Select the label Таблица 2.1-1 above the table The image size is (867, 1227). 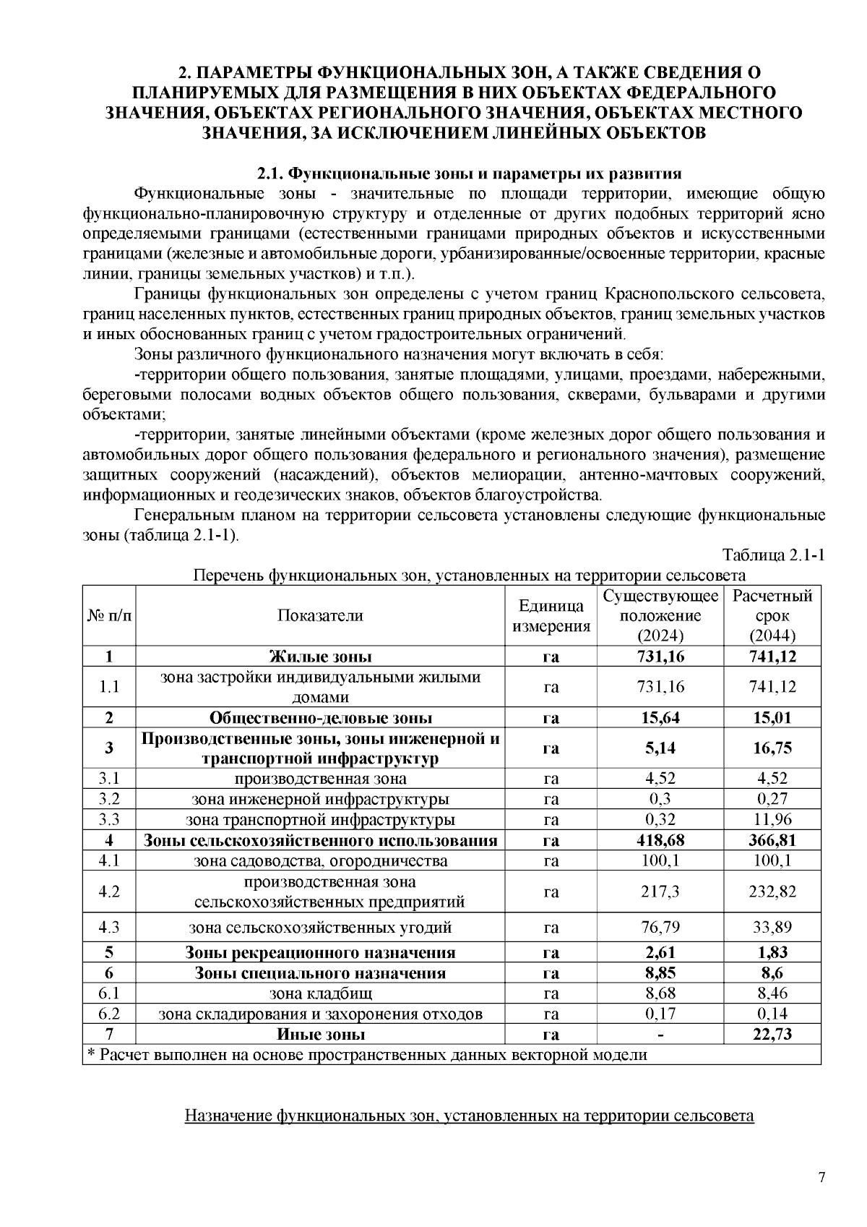pyautogui.click(x=773, y=555)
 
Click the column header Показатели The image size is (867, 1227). pyautogui.click(x=320, y=615)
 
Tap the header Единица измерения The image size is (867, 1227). pyautogui.click(x=551, y=616)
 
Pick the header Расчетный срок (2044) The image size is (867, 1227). pyautogui.click(x=772, y=615)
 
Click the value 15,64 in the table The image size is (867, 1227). pyautogui.click(x=660, y=718)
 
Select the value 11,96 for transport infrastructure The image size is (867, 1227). pyautogui.click(x=772, y=820)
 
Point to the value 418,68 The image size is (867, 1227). pyautogui.click(x=660, y=840)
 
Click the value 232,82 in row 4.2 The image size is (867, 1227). pyautogui.click(x=772, y=892)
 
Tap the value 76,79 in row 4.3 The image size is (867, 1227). pyautogui.click(x=660, y=927)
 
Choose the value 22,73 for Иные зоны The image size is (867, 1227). pyautogui.click(x=772, y=1034)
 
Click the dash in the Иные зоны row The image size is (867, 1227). pyautogui.click(x=660, y=1035)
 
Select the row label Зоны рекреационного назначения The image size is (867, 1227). pyautogui.click(x=320, y=952)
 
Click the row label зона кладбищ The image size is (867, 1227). pyautogui.click(x=320, y=993)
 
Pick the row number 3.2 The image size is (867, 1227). pyautogui.click(x=109, y=799)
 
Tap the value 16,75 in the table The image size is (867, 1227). pyautogui.click(x=772, y=748)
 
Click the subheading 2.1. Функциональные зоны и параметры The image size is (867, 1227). pyautogui.click(x=470, y=174)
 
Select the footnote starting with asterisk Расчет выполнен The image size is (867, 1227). pyautogui.click(x=367, y=1055)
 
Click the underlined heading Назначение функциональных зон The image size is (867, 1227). pyautogui.click(x=470, y=1116)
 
